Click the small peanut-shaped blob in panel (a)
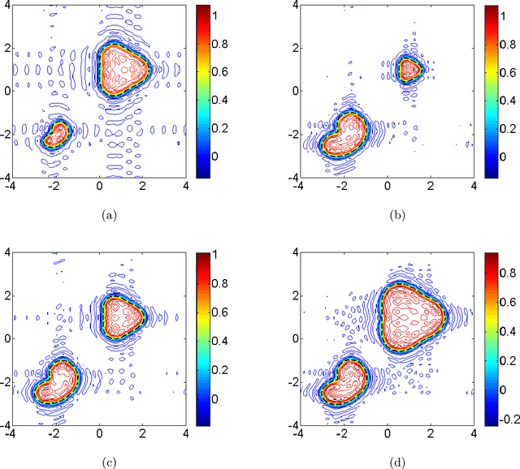[x=56, y=134]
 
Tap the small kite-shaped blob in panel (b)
[x=409, y=69]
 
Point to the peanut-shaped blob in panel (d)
[x=343, y=382]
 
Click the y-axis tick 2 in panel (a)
[x=6, y=47]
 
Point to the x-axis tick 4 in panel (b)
[x=474, y=185]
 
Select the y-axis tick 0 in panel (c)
[x=6, y=338]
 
